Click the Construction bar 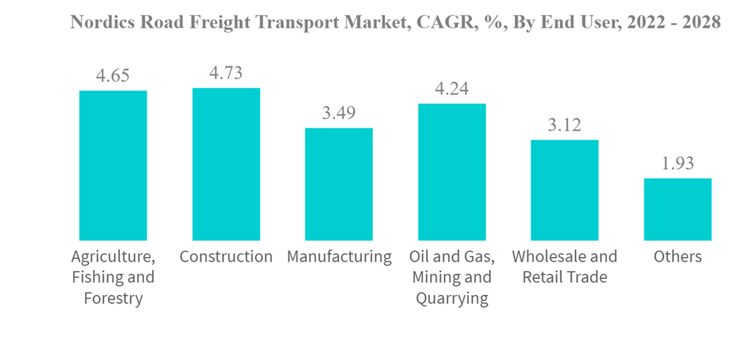[x=226, y=164]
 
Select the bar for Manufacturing [x=339, y=184]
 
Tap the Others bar [x=677, y=209]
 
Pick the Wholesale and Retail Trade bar [x=565, y=190]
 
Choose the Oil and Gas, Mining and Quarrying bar [x=451, y=171]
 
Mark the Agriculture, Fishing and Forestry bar [x=113, y=165]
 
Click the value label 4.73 [x=226, y=73]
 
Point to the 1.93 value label [x=677, y=163]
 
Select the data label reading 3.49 [x=339, y=113]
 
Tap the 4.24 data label [x=451, y=89]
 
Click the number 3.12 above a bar [x=565, y=124]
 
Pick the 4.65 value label [x=113, y=75]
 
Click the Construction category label [x=226, y=257]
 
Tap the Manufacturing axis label [x=339, y=257]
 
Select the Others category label [x=677, y=257]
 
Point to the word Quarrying [x=451, y=299]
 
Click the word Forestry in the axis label [x=113, y=299]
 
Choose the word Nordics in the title [x=95, y=22]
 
